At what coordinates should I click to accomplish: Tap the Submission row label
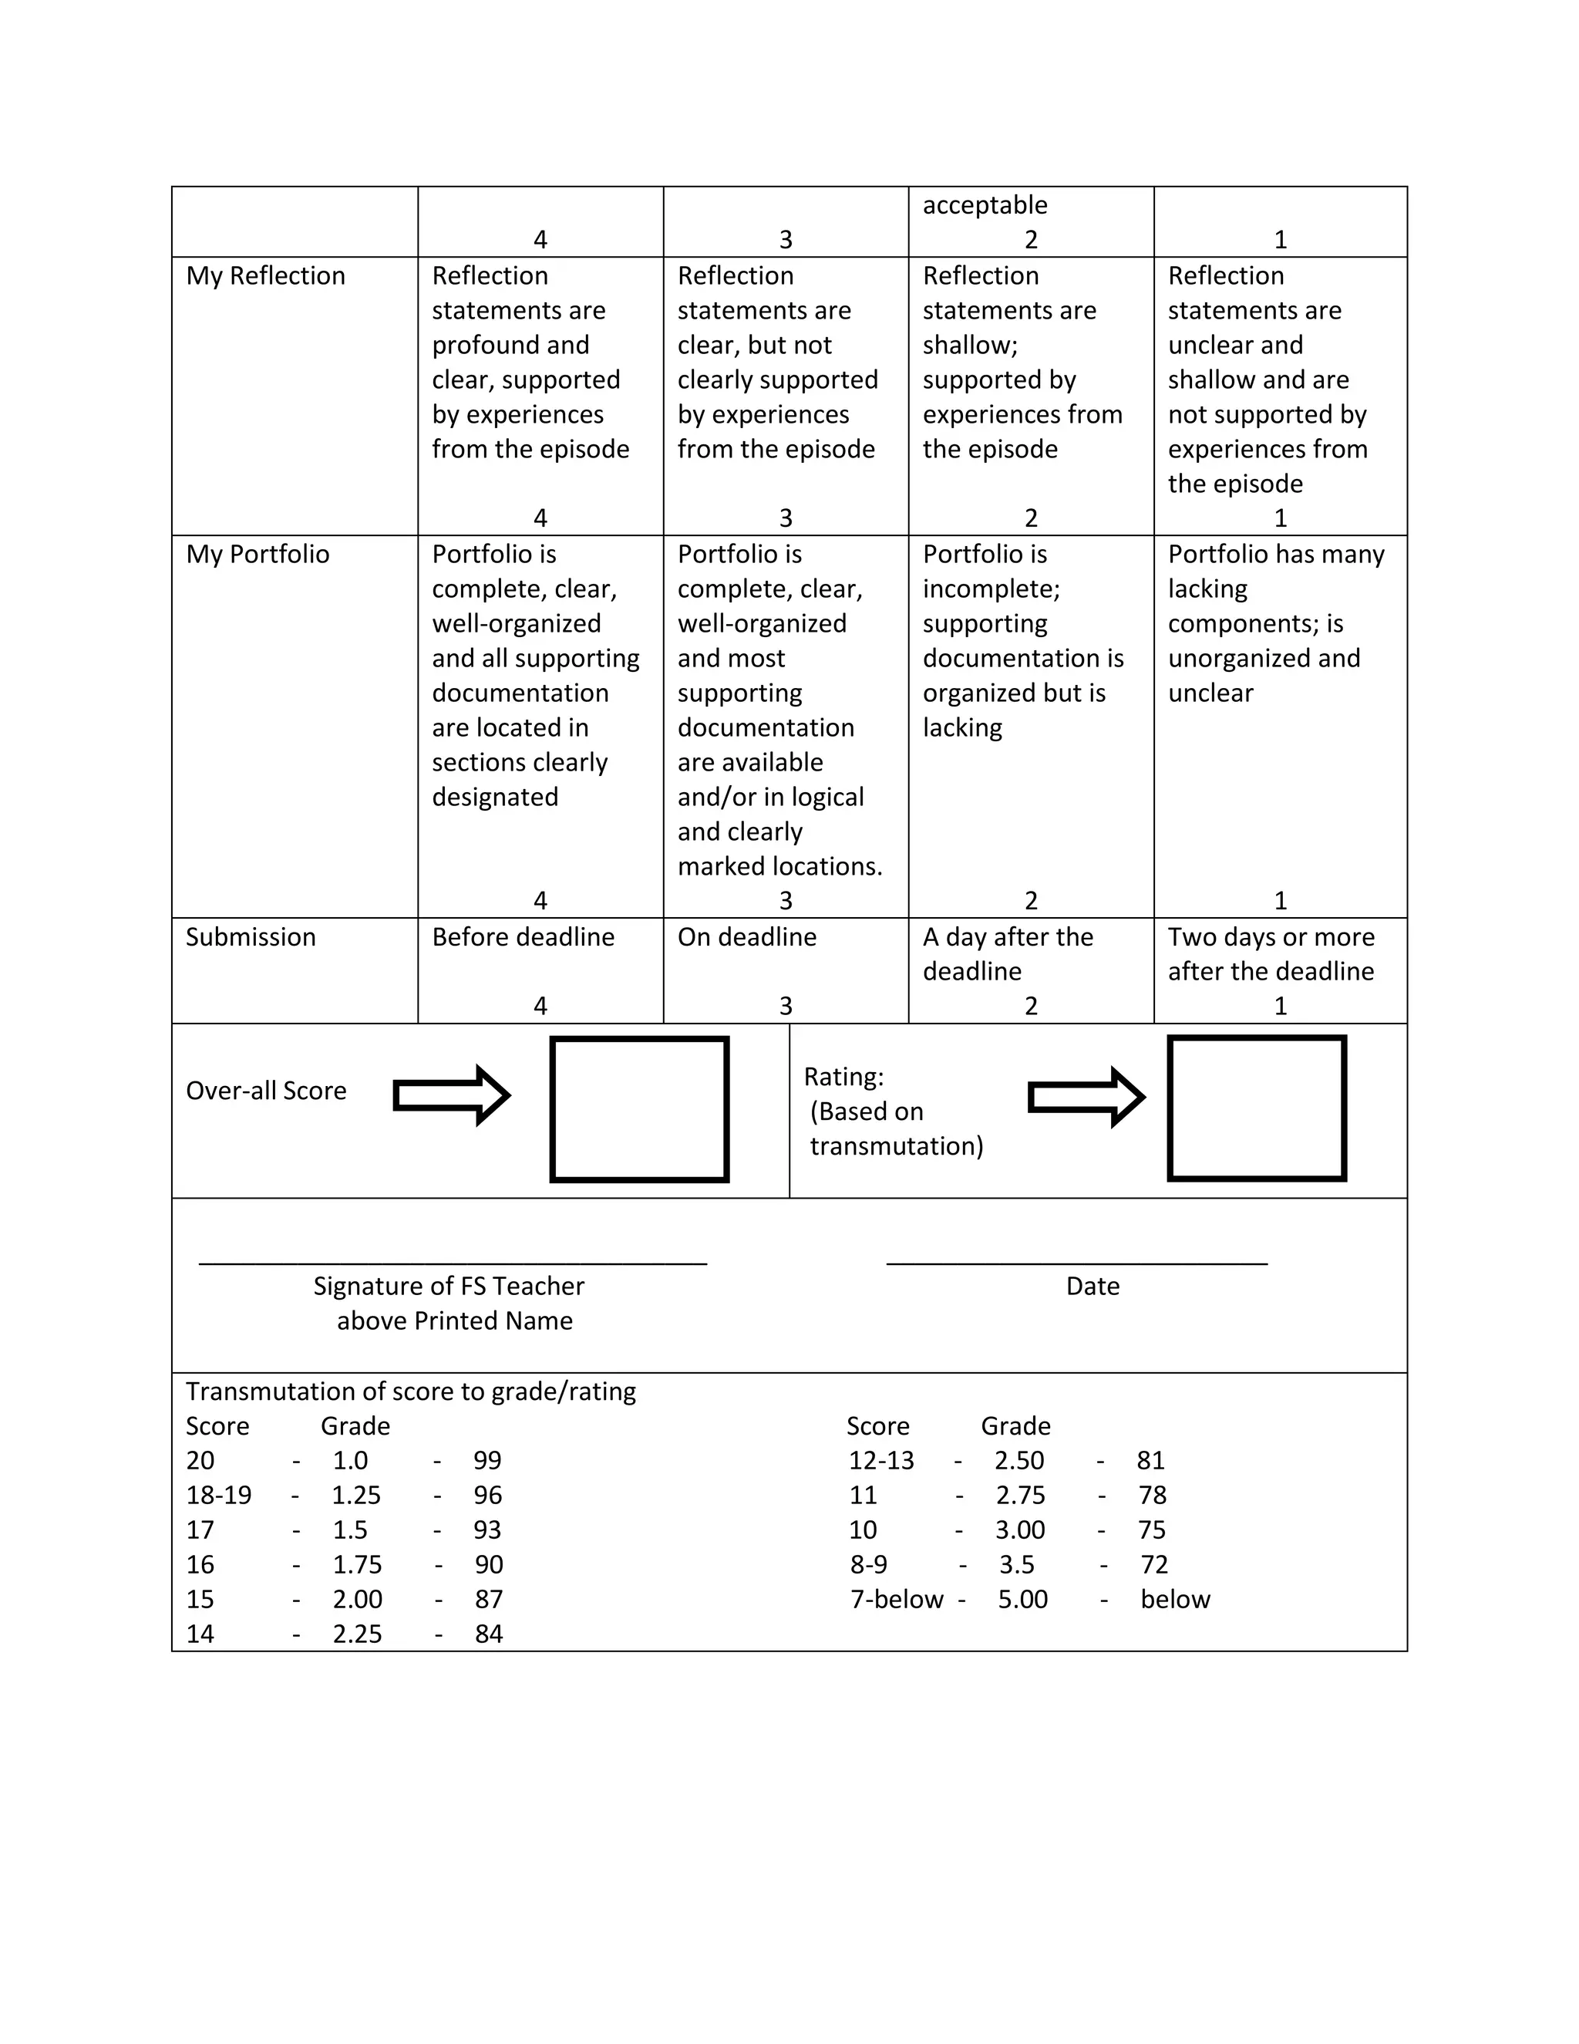(x=250, y=937)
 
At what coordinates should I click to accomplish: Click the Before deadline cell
(x=523, y=937)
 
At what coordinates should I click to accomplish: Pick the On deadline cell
(x=746, y=937)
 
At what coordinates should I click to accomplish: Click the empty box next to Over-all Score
(x=639, y=1109)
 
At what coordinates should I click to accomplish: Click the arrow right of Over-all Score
(x=451, y=1095)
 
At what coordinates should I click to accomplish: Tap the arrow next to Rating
(x=1085, y=1097)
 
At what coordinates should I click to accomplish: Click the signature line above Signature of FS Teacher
(x=453, y=1263)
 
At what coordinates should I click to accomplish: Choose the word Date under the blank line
(x=1092, y=1287)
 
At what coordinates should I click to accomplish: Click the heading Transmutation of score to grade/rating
(x=411, y=1391)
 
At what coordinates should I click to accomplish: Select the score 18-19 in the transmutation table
(x=218, y=1496)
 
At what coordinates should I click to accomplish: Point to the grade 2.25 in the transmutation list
(x=357, y=1634)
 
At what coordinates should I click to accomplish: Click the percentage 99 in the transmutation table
(x=487, y=1461)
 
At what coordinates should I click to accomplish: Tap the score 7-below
(x=896, y=1600)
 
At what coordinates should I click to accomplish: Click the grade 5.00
(x=1022, y=1600)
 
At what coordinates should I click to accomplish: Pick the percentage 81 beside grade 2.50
(x=1150, y=1461)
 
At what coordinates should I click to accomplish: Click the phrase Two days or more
(x=1271, y=937)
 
